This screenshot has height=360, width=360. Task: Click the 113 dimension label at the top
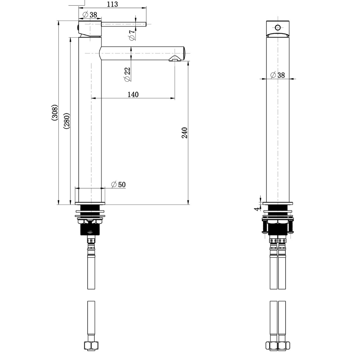(x=112, y=4)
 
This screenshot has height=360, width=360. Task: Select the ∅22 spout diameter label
(x=127, y=74)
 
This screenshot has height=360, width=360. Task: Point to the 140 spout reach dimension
(x=133, y=94)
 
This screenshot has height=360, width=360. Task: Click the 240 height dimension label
(x=185, y=133)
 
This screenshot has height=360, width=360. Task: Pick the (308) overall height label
(x=55, y=113)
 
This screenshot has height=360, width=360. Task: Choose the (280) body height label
(x=67, y=121)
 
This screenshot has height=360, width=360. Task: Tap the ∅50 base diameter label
(x=118, y=184)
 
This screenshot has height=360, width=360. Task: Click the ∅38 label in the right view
(x=278, y=75)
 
